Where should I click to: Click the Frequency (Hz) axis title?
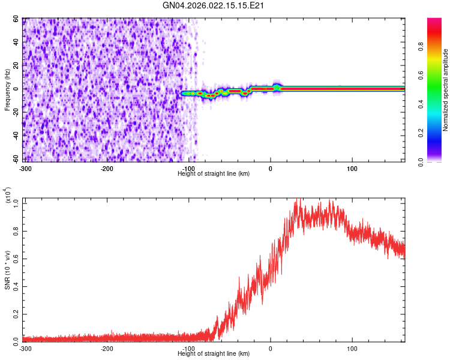(x=8, y=89)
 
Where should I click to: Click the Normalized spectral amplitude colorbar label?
(x=446, y=89)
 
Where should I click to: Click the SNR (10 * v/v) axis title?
(x=8, y=269)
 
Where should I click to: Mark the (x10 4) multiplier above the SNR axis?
(x=8, y=196)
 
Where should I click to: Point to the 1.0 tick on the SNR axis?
(x=16, y=203)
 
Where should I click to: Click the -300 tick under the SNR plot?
(x=25, y=349)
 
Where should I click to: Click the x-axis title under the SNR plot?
(x=214, y=355)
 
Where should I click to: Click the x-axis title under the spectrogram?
(x=214, y=174)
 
